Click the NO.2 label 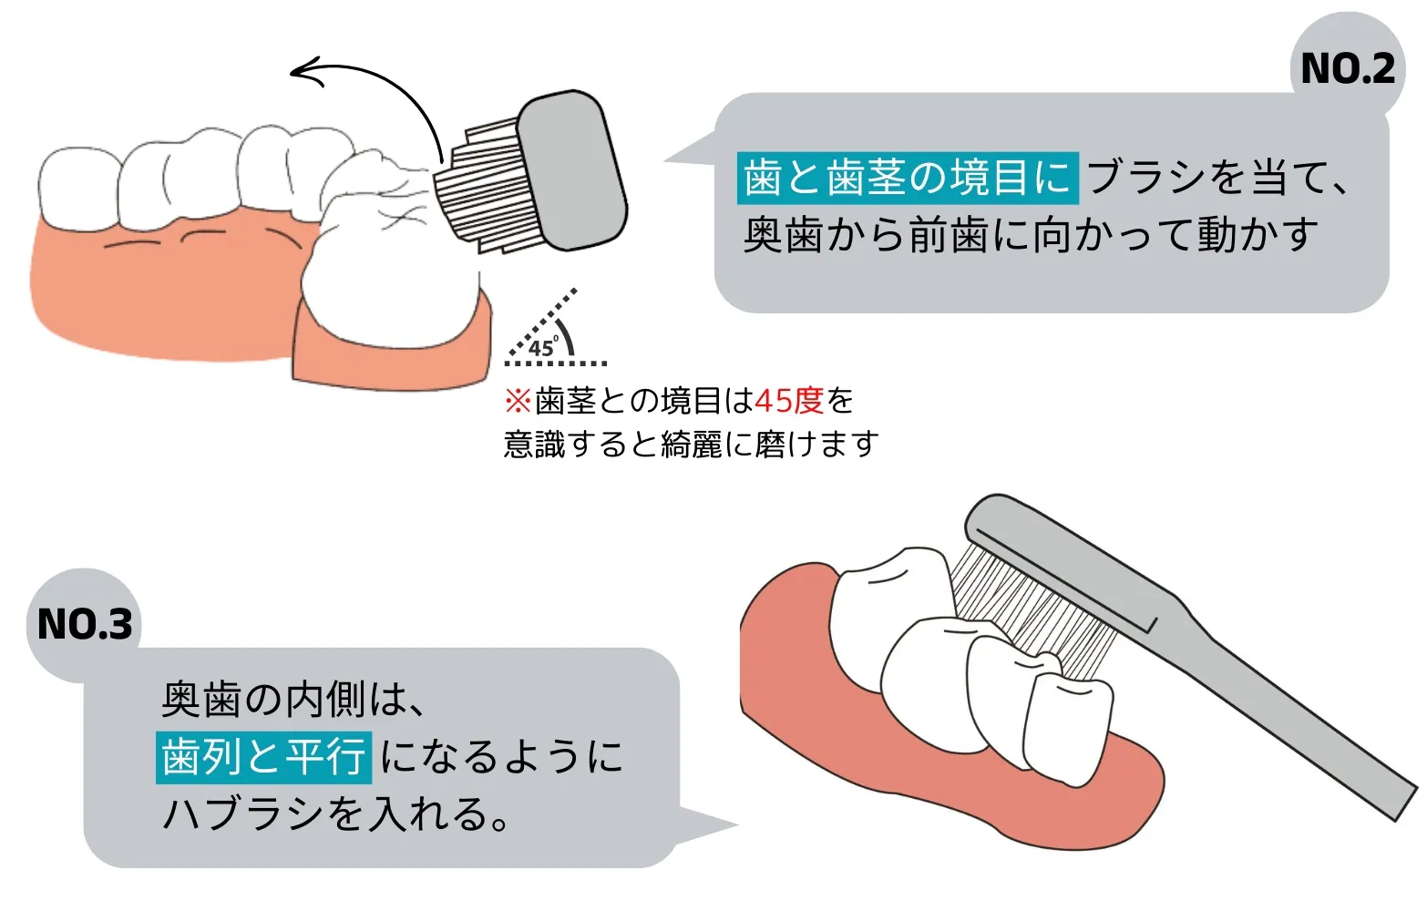coord(1348,68)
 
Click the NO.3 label coord(85,624)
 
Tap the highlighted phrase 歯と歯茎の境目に coord(908,178)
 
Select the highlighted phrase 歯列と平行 coord(263,757)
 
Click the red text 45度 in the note coord(789,401)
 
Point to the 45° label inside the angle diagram coord(543,347)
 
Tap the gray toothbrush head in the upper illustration coord(571,169)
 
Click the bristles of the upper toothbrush coord(484,187)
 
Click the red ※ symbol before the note coord(518,402)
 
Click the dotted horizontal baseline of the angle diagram coord(556,363)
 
